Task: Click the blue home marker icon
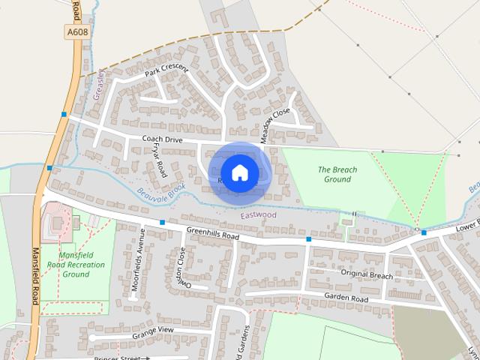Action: (239, 172)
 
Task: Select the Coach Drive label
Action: (163, 139)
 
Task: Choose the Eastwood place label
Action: (258, 215)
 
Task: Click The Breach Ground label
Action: (337, 175)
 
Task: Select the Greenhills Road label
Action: (212, 234)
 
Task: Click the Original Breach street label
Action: (367, 275)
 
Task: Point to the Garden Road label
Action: (346, 298)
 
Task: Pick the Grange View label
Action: (153, 330)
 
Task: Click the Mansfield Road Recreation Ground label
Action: (76, 265)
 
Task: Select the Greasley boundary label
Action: (97, 84)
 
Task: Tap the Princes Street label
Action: (121, 358)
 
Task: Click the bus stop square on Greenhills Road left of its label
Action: (162, 222)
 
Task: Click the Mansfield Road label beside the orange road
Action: (34, 277)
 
